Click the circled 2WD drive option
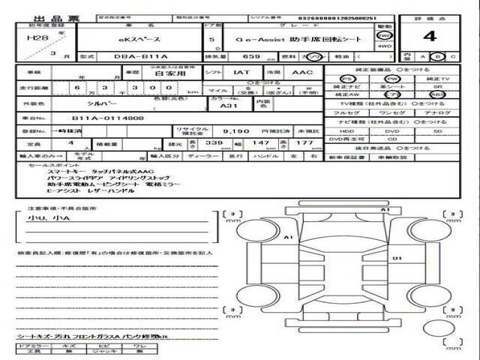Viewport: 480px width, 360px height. click(384, 34)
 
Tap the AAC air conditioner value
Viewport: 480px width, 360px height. click(303, 73)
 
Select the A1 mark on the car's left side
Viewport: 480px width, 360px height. click(289, 237)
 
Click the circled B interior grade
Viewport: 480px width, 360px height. click(433, 56)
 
